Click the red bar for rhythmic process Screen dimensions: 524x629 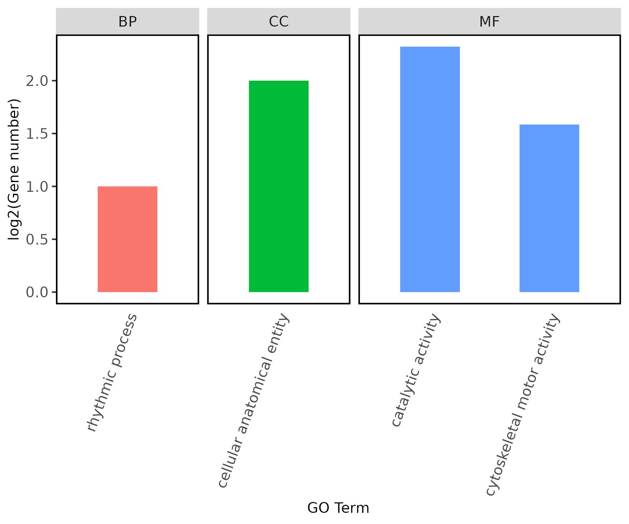(128, 239)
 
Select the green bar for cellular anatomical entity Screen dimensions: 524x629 (279, 186)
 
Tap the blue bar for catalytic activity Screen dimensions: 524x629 (430, 169)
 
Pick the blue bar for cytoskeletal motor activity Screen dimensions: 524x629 (549, 208)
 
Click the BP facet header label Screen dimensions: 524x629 (128, 22)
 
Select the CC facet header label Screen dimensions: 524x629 (279, 22)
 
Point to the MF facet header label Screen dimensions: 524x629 (489, 22)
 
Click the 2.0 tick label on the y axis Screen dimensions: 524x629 (37, 81)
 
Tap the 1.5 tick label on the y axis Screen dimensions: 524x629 (37, 134)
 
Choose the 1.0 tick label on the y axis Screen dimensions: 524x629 (37, 187)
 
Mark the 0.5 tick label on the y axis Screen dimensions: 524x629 (37, 239)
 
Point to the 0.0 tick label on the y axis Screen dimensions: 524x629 (37, 292)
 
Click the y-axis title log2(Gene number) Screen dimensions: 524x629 (14, 169)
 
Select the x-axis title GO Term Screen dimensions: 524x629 (338, 508)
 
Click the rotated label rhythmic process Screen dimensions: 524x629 (112, 372)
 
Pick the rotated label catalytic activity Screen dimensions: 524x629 (416, 370)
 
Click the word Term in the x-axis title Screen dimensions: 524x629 (353, 508)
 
